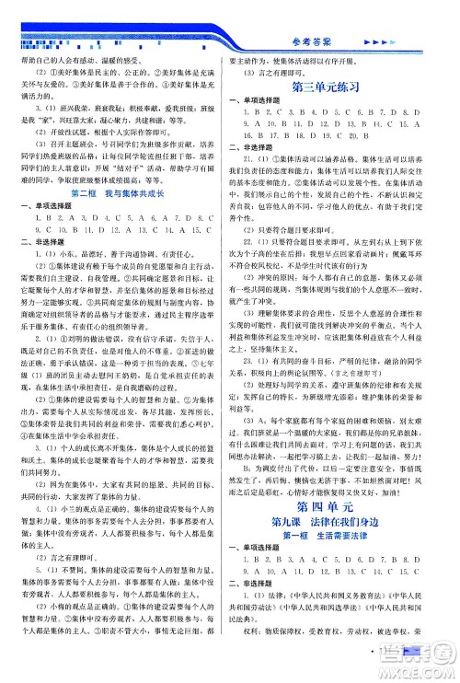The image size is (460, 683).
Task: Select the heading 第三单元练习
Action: [342, 89]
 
